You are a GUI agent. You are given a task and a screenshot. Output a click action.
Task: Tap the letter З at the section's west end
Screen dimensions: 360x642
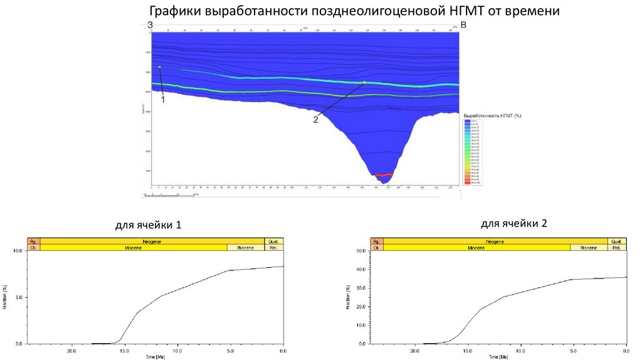[150, 25]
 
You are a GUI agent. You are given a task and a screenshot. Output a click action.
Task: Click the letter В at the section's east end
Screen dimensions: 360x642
[463, 25]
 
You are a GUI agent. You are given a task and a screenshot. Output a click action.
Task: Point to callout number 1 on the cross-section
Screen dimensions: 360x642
[163, 99]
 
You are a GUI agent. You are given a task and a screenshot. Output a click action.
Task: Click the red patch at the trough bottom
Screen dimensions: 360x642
[383, 175]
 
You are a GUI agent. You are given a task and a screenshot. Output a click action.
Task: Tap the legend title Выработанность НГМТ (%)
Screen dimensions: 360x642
[492, 116]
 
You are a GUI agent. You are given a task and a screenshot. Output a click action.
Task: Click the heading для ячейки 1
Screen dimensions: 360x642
[148, 225]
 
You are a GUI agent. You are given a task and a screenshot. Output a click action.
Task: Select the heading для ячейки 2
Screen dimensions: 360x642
[514, 223]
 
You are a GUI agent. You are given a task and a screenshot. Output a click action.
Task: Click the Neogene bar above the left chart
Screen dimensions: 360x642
[152, 241]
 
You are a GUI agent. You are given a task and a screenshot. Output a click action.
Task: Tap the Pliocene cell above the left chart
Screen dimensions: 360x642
[246, 248]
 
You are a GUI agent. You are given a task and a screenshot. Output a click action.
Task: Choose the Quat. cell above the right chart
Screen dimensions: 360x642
[616, 241]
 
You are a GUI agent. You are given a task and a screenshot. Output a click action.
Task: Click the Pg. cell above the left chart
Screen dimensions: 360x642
[33, 241]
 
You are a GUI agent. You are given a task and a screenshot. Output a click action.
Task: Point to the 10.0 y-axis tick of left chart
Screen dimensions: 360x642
[18, 251]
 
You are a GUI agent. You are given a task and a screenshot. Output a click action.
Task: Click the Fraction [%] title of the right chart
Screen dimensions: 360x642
[348, 297]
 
